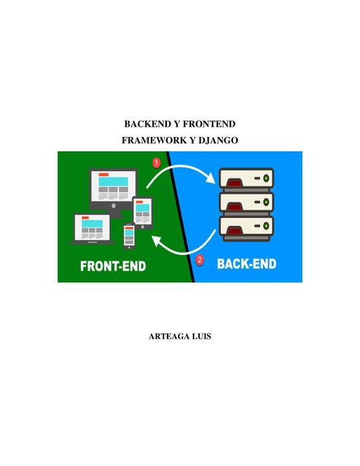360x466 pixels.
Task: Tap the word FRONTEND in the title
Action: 209,124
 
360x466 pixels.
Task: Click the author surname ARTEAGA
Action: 168,336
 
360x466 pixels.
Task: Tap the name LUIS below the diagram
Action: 202,336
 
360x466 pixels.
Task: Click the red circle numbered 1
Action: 157,163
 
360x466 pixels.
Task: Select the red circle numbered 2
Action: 200,260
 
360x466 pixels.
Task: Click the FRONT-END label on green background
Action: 113,266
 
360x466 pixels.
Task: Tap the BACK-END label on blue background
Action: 246,264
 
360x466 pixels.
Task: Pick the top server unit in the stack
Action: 246,178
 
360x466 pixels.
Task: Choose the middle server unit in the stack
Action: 246,202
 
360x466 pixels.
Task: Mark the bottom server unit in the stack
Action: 246,226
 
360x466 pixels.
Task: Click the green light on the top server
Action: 266,178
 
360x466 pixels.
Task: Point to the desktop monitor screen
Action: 114,186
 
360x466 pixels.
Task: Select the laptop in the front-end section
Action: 93,229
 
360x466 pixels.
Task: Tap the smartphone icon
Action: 129,237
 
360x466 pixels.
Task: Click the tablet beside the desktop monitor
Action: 143,213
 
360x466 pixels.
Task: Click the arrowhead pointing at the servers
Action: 211,178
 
